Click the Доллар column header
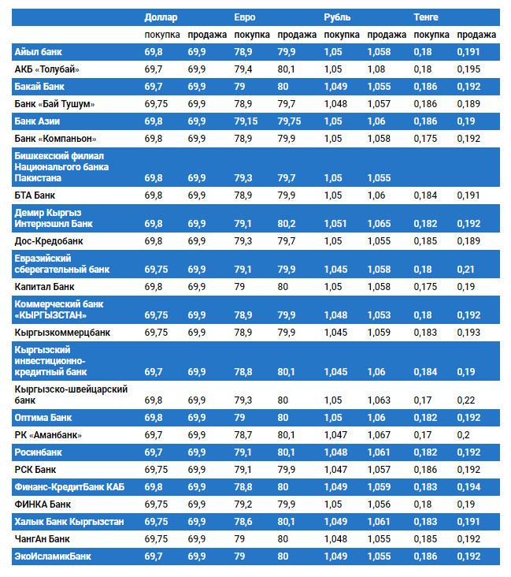click(x=161, y=17)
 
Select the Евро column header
click(x=244, y=17)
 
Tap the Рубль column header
click(x=337, y=17)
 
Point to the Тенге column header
click(x=426, y=17)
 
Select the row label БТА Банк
click(x=35, y=195)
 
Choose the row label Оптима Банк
click(x=43, y=417)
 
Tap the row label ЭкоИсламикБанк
click(x=53, y=557)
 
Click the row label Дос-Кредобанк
click(x=49, y=240)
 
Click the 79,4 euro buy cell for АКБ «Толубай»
click(x=243, y=69)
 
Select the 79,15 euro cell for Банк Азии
click(x=246, y=121)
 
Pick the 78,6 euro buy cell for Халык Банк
click(x=243, y=522)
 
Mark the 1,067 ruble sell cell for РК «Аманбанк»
click(x=379, y=435)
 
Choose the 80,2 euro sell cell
click(x=287, y=224)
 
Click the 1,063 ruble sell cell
click(x=379, y=400)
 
